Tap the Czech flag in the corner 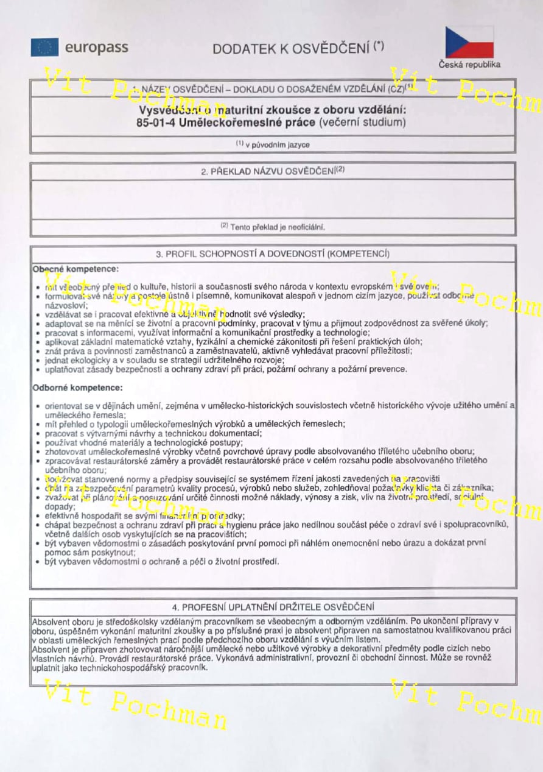(x=469, y=42)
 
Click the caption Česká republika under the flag (x=469, y=65)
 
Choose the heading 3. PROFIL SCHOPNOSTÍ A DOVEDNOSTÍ (x=273, y=253)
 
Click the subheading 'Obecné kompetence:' (x=75, y=268)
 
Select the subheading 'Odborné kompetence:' (x=77, y=387)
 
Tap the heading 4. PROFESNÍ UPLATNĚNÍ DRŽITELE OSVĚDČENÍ (x=273, y=607)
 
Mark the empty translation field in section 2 (x=273, y=199)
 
